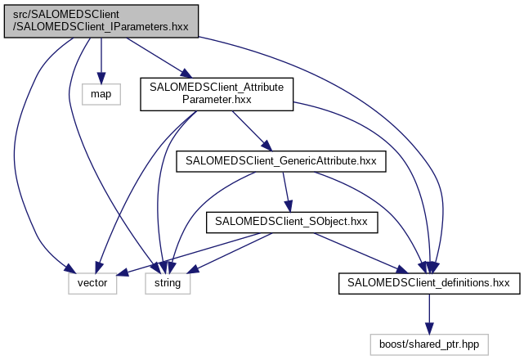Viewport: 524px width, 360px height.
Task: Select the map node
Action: click(101, 94)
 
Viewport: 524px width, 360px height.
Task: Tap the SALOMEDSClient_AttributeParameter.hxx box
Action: click(217, 94)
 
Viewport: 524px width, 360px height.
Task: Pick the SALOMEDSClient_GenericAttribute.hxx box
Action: click(281, 161)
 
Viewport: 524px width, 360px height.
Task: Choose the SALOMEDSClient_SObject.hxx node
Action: click(293, 221)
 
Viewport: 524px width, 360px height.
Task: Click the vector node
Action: click(92, 284)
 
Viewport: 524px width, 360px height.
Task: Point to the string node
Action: click(168, 284)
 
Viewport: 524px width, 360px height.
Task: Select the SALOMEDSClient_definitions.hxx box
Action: click(428, 284)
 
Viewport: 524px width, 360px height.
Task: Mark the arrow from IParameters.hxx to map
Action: click(101, 60)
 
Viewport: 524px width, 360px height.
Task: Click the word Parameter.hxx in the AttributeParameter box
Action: click(217, 101)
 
